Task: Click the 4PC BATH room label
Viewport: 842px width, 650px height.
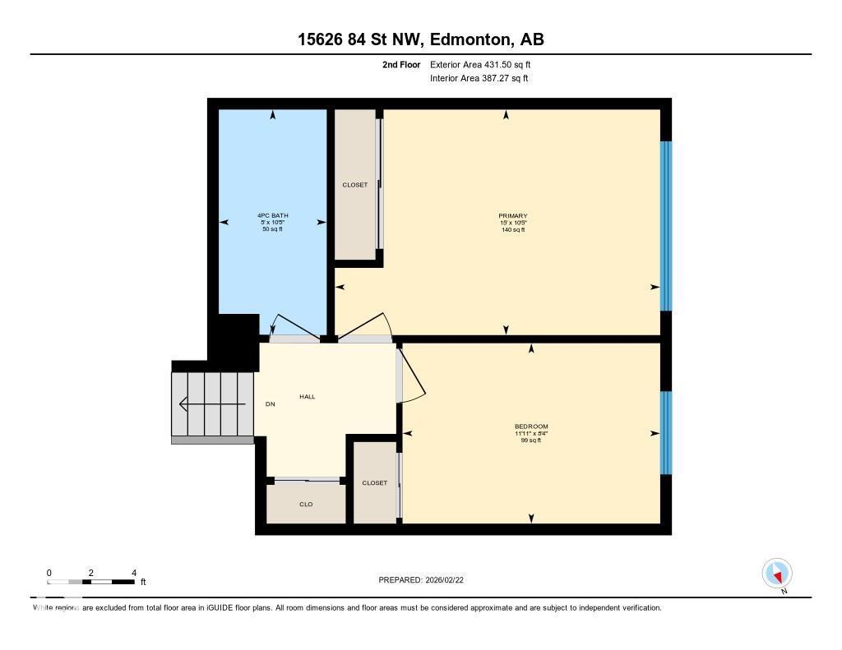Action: tap(272, 215)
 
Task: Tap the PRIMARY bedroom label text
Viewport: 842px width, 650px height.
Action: tap(513, 216)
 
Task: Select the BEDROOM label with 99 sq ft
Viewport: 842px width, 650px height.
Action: tap(531, 426)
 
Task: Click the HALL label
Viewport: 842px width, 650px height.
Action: tap(308, 397)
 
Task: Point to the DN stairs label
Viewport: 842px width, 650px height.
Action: tap(270, 404)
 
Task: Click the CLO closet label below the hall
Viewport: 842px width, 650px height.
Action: tap(306, 505)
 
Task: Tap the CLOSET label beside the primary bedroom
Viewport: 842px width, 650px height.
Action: tap(355, 185)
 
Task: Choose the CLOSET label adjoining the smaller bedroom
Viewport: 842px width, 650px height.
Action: tap(374, 483)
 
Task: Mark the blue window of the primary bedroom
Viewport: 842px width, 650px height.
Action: tap(666, 225)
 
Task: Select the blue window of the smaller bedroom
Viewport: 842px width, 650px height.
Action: tap(666, 432)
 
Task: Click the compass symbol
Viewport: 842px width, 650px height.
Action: tap(777, 573)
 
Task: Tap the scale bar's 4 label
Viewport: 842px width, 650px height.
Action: tap(133, 573)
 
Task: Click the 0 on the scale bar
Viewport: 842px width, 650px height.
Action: tap(49, 573)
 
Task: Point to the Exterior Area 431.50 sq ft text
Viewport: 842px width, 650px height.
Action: tap(486, 64)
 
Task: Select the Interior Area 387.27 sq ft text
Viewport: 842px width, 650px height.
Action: tap(479, 79)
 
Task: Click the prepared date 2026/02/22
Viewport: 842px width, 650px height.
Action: tap(449, 580)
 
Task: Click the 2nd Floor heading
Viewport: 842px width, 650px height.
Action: tap(401, 64)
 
